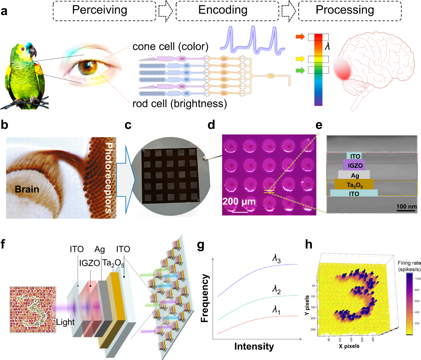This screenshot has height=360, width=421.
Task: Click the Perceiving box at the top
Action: [x=104, y=11]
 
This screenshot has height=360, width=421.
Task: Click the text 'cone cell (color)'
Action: [x=171, y=47]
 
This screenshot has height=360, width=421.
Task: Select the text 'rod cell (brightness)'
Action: [x=179, y=104]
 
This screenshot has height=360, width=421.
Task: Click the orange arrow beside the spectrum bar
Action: [x=300, y=36]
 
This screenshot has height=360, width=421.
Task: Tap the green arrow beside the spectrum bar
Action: [x=300, y=71]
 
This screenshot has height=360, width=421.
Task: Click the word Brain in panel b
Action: [x=27, y=189]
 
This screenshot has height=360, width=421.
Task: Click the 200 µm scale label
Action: [x=239, y=202]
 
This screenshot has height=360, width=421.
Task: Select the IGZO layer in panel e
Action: [x=355, y=165]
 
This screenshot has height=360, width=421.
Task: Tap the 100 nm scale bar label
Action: [x=406, y=206]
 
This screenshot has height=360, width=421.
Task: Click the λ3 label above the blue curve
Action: [x=276, y=259]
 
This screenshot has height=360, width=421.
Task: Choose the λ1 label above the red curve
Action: [x=276, y=310]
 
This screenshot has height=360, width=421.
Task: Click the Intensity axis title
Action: [x=254, y=347]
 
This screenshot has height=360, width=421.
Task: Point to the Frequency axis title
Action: [x=205, y=299]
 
